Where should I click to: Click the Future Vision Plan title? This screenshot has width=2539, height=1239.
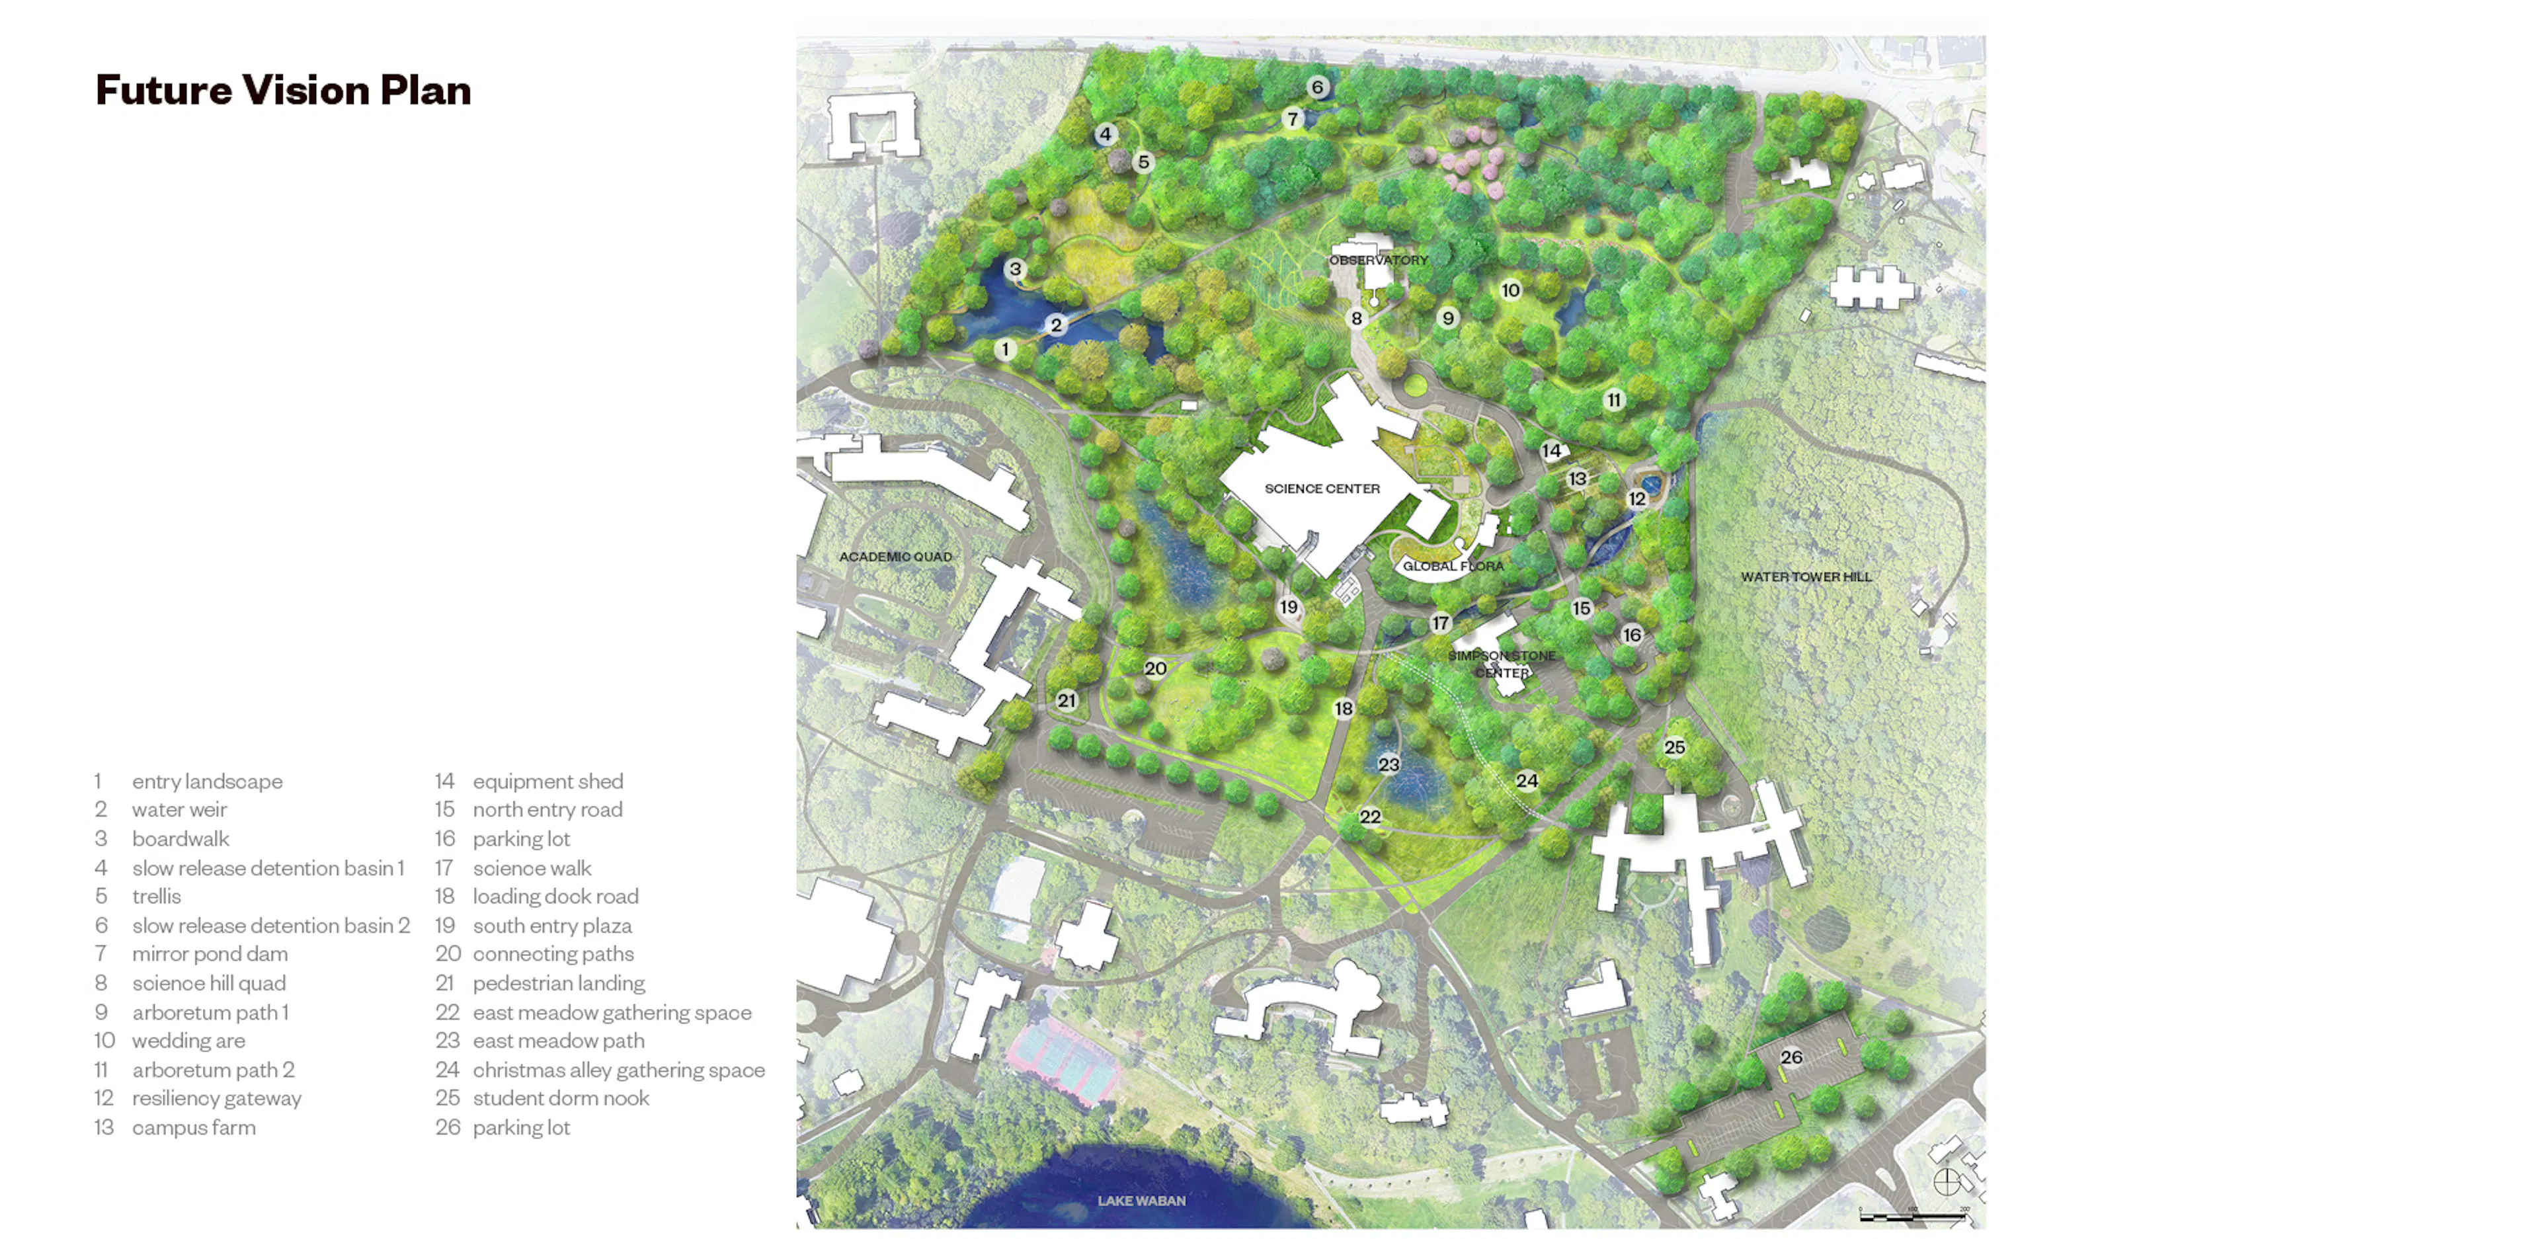pyautogui.click(x=283, y=90)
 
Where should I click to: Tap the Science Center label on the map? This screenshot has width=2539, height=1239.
pyautogui.click(x=1322, y=488)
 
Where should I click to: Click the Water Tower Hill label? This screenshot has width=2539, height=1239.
pyautogui.click(x=1806, y=577)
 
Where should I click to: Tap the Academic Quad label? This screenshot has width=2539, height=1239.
pyautogui.click(x=895, y=557)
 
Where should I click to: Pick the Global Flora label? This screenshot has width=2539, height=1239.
pyautogui.click(x=1453, y=566)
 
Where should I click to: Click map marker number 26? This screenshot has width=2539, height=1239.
pyautogui.click(x=1791, y=1057)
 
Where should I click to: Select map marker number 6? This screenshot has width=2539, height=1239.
pyautogui.click(x=1318, y=87)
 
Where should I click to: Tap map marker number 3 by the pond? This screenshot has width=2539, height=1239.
pyautogui.click(x=1015, y=268)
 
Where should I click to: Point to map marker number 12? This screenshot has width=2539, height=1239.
pyautogui.click(x=1637, y=499)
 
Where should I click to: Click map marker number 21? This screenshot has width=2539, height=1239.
pyautogui.click(x=1067, y=701)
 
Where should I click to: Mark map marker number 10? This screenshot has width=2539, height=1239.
pyautogui.click(x=1511, y=290)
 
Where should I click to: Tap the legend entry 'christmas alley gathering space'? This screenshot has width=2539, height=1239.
pyautogui.click(x=618, y=1070)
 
